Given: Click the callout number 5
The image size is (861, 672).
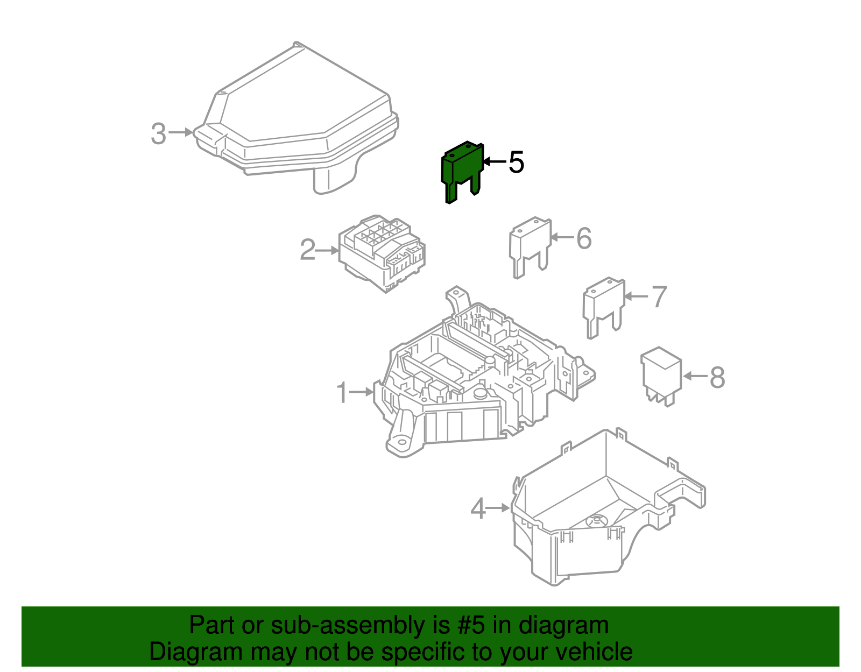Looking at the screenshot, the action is pos(516,162).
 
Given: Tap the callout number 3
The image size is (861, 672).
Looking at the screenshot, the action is pos(158,133).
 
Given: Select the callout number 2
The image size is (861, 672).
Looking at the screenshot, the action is pos(307,250).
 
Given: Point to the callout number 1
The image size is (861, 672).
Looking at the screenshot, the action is pos(342,392).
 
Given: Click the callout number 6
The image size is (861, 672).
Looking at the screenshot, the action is pos(584,238).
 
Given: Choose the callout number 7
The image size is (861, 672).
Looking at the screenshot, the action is pos(659,296).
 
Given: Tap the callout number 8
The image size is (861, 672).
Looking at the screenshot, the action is pos(717,377).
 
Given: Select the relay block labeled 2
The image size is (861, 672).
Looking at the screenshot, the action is pos(382,253).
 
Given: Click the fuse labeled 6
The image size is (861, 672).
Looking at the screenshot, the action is pos(530,247).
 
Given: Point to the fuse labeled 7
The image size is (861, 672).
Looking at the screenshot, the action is pos(604,308).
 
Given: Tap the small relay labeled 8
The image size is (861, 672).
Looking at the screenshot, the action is pos(661,376).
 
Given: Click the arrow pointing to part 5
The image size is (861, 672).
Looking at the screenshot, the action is pos(495,161).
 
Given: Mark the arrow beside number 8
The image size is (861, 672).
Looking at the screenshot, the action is pos(695,376).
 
